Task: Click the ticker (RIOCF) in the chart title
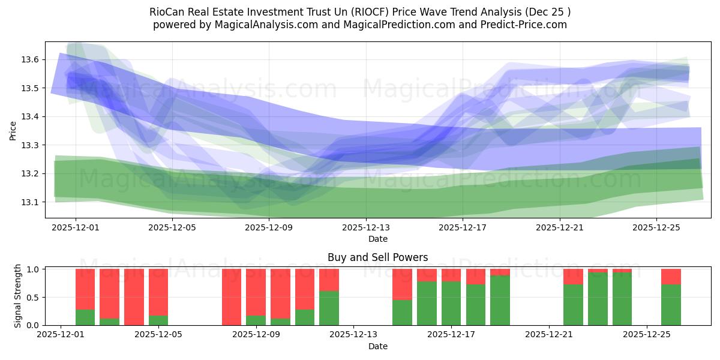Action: click(371, 12)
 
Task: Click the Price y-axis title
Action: click(13, 130)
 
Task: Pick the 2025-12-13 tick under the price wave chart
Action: click(365, 227)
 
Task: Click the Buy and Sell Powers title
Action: click(377, 257)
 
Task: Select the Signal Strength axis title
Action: click(18, 296)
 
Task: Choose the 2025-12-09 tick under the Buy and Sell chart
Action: click(256, 335)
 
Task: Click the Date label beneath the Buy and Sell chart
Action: click(377, 346)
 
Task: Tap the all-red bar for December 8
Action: click(232, 297)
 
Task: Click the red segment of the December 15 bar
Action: click(402, 284)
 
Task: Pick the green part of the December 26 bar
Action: click(671, 305)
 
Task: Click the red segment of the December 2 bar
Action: click(85, 289)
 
